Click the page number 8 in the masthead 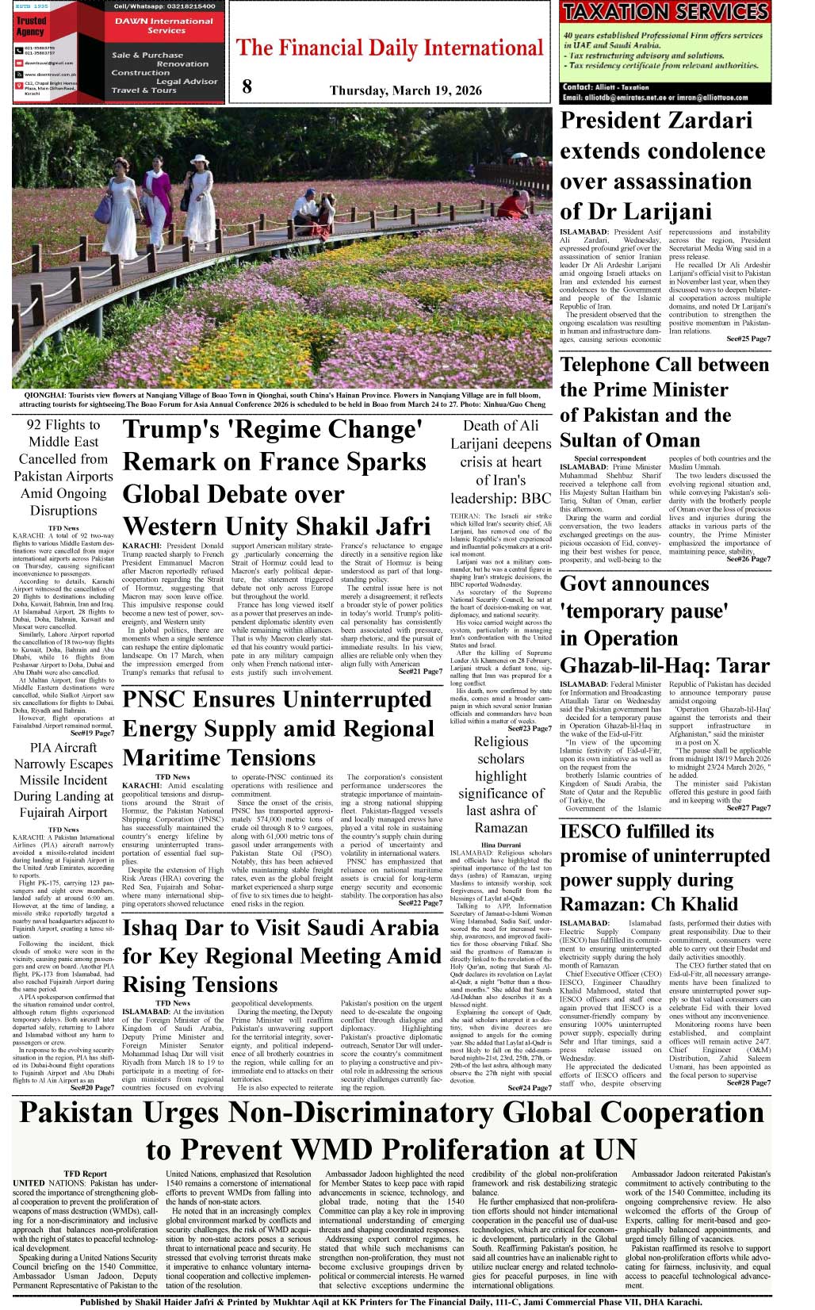pos(247,86)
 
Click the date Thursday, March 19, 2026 pos(405,90)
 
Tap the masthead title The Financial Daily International pos(389,48)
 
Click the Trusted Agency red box pos(31,26)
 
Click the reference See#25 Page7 pos(748,339)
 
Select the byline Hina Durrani pos(500,845)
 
